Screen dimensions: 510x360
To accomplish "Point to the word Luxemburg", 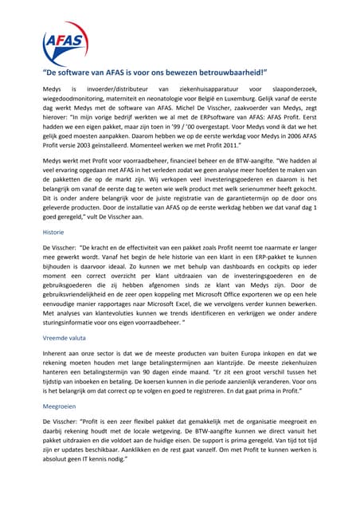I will pyautogui.click(x=261, y=101).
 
